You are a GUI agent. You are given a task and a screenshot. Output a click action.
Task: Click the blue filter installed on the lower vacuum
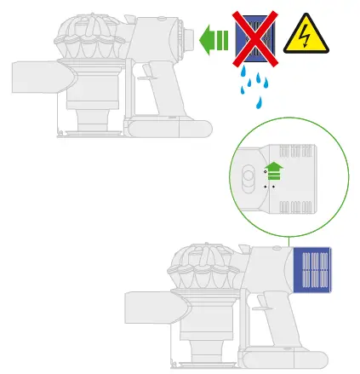coord(311,269)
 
